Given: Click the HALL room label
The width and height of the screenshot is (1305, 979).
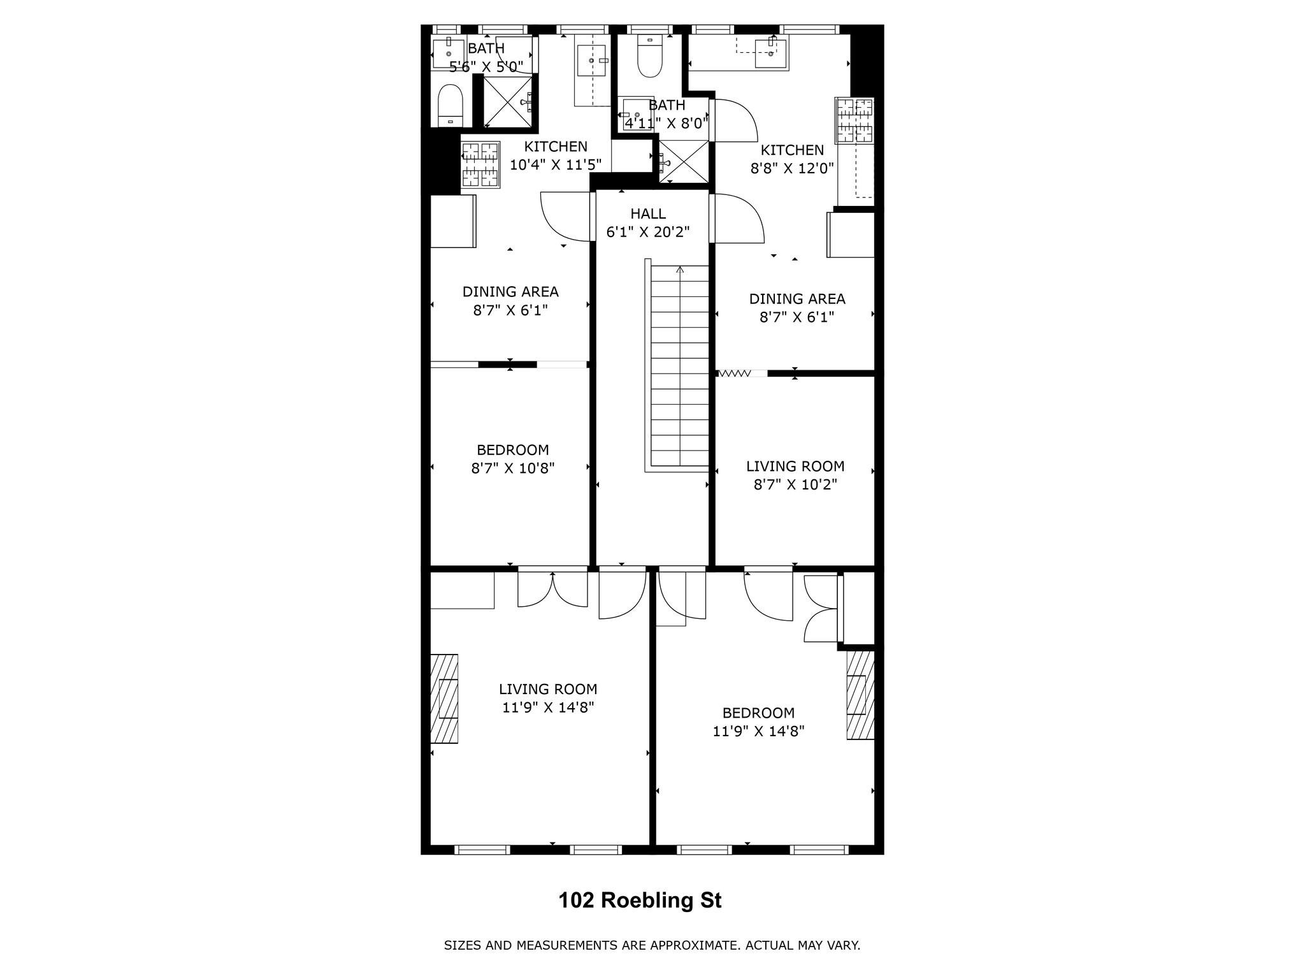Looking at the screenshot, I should point(648,214).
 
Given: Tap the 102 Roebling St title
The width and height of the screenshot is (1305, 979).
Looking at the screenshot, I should point(640,901).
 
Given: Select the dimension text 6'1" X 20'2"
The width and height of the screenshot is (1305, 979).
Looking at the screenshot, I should point(648,232).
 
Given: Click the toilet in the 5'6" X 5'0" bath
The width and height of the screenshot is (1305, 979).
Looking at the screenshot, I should point(450,106).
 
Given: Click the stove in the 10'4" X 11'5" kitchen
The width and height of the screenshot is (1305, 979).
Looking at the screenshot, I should point(480,164).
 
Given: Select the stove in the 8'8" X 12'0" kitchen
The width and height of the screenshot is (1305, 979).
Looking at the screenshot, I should point(854,120).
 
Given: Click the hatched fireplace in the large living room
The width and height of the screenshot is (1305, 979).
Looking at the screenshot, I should point(444,699).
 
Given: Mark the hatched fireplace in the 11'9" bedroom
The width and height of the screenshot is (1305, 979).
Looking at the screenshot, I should point(860,695).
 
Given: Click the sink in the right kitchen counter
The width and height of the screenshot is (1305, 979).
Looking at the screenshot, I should point(770,52).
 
